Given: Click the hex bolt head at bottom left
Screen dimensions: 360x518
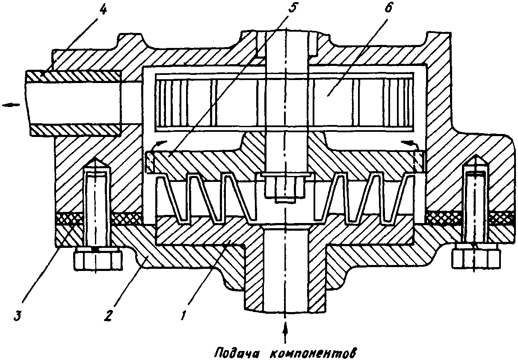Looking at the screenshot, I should pyautogui.click(x=98, y=259).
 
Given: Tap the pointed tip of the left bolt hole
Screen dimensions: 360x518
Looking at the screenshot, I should pyautogui.click(x=96, y=161).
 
